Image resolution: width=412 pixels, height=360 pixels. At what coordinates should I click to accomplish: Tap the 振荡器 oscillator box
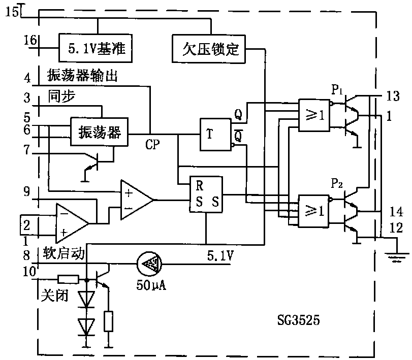[99, 133]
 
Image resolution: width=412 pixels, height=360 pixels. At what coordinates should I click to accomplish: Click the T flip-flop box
[215, 135]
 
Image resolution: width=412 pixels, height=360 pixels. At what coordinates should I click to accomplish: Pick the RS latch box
[206, 195]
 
